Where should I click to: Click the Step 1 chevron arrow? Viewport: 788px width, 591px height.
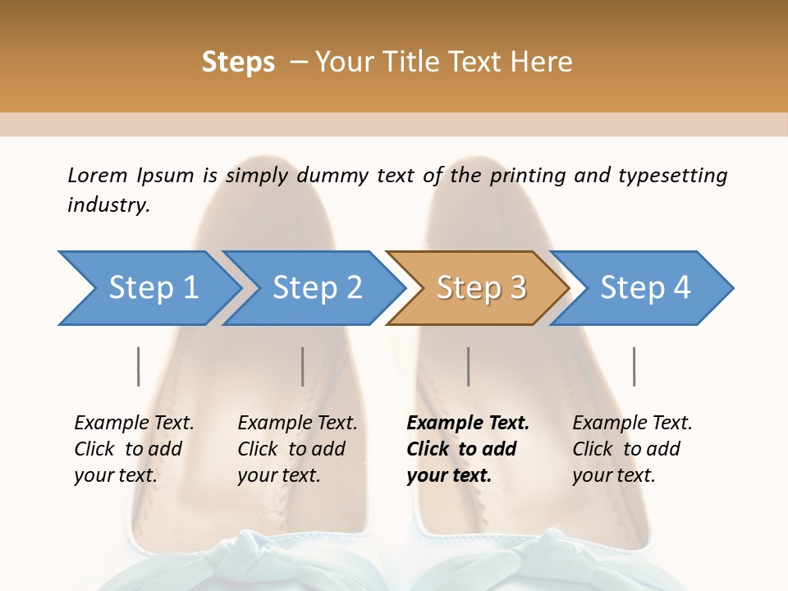click(x=152, y=288)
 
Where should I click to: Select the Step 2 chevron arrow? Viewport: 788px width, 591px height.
click(x=316, y=288)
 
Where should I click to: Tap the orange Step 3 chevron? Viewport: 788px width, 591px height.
click(x=480, y=288)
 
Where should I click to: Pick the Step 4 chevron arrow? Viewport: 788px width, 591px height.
click(x=644, y=288)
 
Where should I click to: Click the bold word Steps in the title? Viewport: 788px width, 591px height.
click(x=238, y=62)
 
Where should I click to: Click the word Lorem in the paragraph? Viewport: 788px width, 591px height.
click(x=98, y=175)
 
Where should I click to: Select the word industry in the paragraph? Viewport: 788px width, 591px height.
click(x=108, y=205)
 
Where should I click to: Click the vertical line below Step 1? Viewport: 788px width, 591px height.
click(x=138, y=366)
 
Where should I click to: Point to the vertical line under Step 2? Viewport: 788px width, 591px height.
click(x=303, y=366)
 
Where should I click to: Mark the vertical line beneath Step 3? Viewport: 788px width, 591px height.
click(x=468, y=366)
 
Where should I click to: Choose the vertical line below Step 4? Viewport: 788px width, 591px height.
click(x=634, y=366)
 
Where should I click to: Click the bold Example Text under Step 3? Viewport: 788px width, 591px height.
click(x=468, y=424)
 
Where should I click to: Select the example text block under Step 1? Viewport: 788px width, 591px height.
click(x=134, y=449)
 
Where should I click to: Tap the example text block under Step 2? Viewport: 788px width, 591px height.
click(x=297, y=449)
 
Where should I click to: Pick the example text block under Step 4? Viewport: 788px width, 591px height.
click(x=632, y=449)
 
